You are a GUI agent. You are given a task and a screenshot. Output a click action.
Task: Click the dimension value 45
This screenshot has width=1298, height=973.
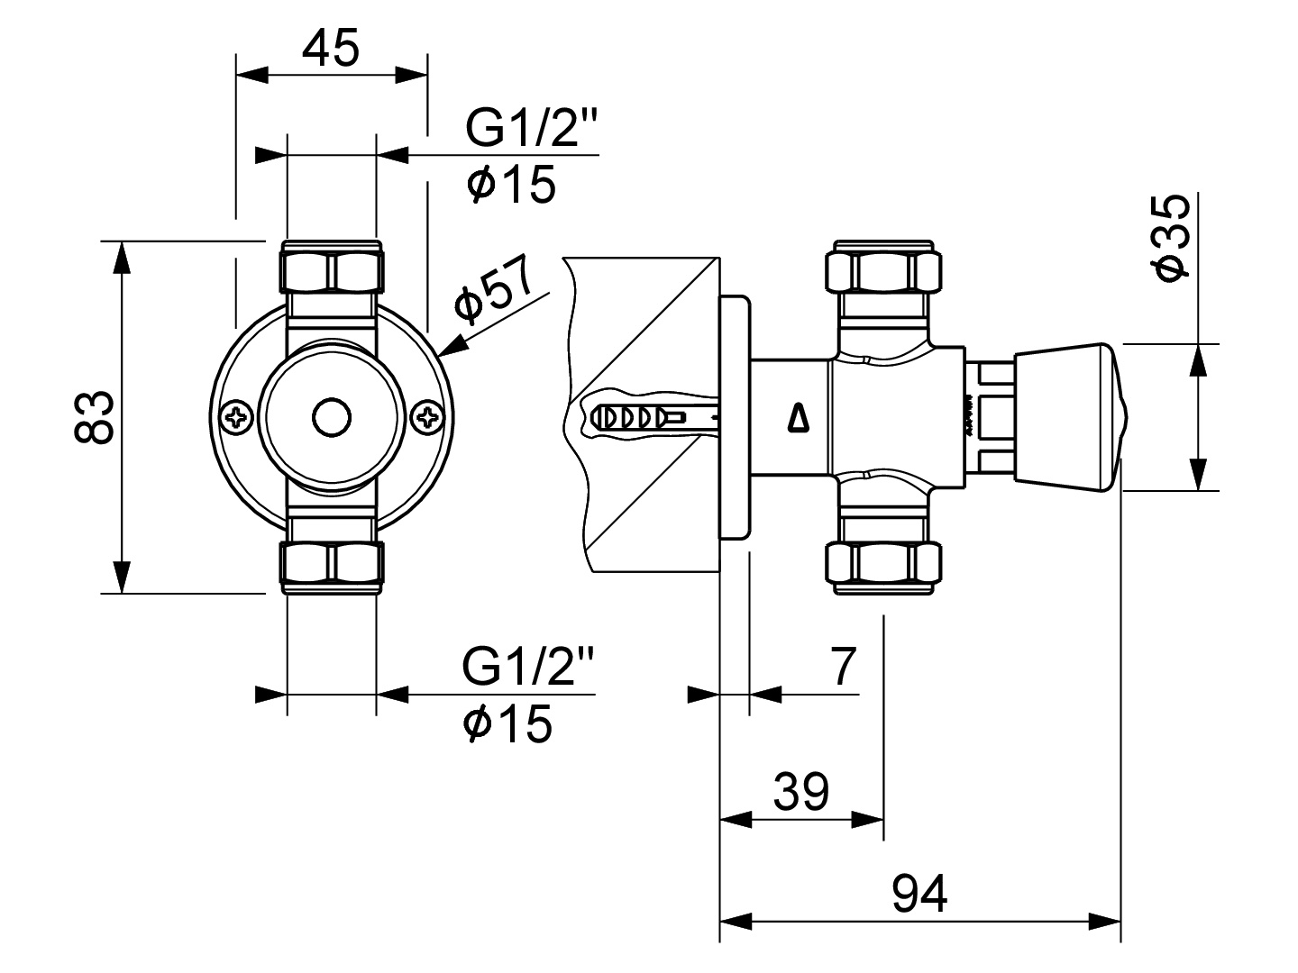point(331,48)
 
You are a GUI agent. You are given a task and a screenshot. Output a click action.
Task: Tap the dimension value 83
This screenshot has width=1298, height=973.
point(94,417)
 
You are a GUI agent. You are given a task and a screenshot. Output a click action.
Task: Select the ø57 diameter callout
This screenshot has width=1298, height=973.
point(494,290)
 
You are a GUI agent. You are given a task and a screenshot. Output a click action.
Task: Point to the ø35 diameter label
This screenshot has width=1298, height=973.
point(1170,238)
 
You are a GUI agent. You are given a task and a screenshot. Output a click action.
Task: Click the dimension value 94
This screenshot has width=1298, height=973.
point(919,894)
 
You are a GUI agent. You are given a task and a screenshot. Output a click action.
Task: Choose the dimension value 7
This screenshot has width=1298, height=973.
point(844,666)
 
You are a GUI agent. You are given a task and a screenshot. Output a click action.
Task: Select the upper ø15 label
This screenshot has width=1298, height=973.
point(511,184)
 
